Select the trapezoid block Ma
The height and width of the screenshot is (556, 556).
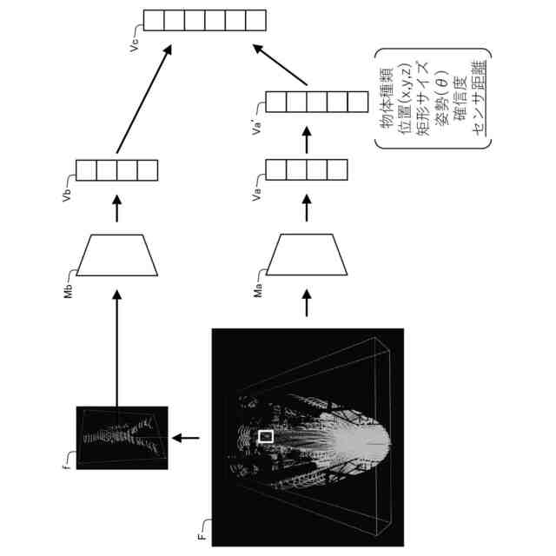coord(307,253)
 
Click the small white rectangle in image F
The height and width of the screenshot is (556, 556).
coord(267,435)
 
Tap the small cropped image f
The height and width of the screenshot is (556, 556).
coord(122,438)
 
